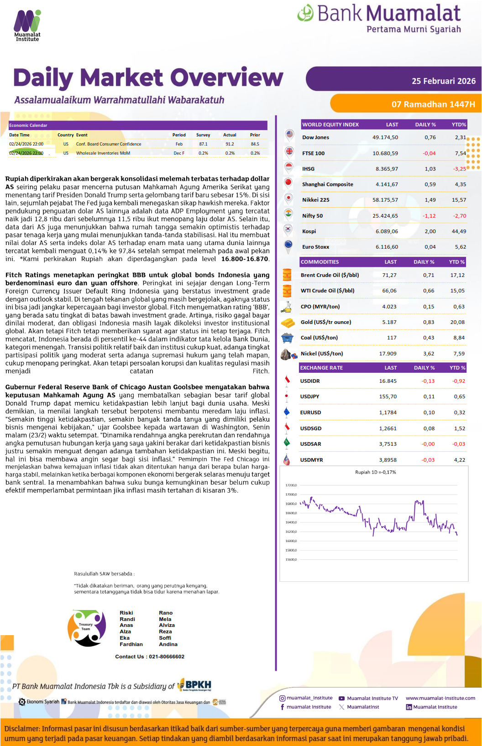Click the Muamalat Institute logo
(x=27, y=26)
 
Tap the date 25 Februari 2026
(x=443, y=81)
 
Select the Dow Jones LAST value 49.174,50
(x=385, y=137)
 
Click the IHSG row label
(x=308, y=169)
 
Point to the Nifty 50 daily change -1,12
(x=429, y=216)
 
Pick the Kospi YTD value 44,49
(x=459, y=231)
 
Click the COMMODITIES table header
(x=320, y=262)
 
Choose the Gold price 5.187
(x=389, y=322)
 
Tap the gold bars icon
(x=287, y=323)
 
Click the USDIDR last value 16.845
(x=388, y=381)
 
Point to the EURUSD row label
(x=310, y=412)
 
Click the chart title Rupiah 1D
(x=375, y=472)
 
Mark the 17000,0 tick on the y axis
(x=291, y=495)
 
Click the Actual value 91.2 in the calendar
(x=230, y=144)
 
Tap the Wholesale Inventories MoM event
(x=103, y=153)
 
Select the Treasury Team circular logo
(x=86, y=628)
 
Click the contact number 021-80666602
(x=166, y=657)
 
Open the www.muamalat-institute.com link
(x=440, y=698)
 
